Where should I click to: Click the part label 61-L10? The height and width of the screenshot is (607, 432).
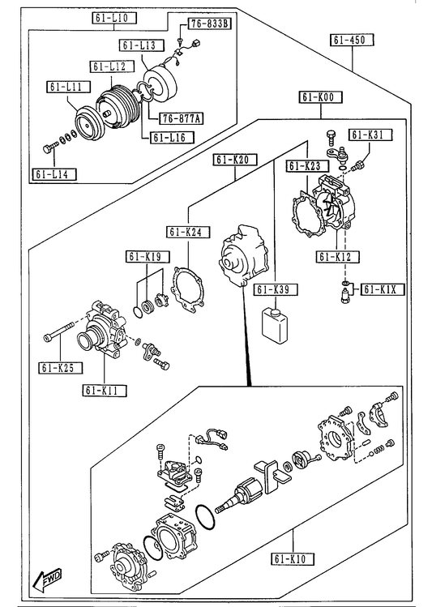coord(114,18)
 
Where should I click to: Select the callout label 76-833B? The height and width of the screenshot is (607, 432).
coord(209,24)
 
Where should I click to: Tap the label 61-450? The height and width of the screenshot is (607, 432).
coord(353,40)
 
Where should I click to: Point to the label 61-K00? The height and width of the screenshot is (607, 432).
coord(320,96)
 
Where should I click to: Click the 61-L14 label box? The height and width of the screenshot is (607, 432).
coord(53,174)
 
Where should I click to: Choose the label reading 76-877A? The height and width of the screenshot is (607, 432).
coord(182,118)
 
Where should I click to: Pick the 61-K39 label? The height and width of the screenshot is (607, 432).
coord(276,289)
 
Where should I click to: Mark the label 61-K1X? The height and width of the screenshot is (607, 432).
coord(383,289)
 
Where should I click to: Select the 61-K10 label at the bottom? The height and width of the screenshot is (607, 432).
coord(293,558)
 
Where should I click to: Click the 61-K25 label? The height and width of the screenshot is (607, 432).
coord(61,367)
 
